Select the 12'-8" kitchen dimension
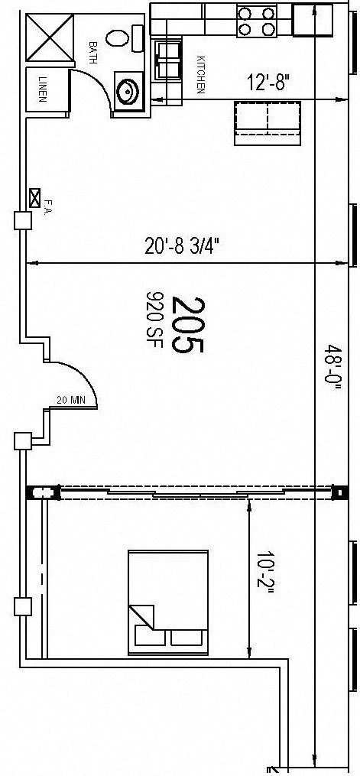coord(268,82)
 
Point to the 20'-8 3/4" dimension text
coord(183,246)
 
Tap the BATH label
coord(93,53)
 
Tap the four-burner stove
coord(256,21)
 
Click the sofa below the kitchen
coord(268,122)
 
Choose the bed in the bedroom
coord(168,591)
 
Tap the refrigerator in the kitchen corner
coord(313,20)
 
